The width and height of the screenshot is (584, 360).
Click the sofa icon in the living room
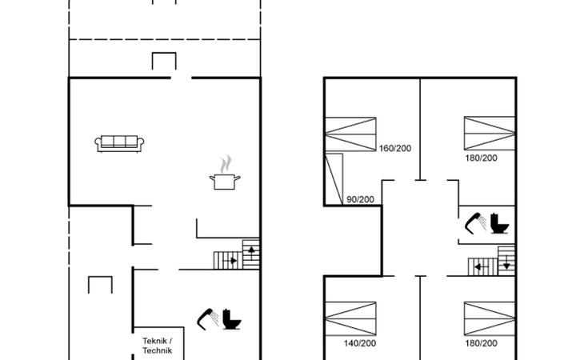click(119, 144)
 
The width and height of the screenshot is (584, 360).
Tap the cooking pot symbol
click(225, 182)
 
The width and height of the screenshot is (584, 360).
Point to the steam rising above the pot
click(225, 165)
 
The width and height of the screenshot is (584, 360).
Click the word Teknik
click(154, 341)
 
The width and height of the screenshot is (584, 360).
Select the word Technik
click(157, 350)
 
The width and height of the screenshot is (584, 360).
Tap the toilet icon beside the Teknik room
click(232, 319)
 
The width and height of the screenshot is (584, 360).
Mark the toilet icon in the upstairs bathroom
click(499, 223)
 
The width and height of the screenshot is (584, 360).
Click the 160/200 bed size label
click(395, 148)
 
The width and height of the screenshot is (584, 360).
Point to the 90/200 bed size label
click(360, 199)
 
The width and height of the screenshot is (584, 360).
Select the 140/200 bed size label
click(360, 343)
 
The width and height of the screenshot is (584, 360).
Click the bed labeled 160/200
click(350, 134)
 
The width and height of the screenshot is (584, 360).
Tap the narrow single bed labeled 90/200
click(334, 178)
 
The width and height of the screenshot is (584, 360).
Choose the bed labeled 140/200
click(350, 318)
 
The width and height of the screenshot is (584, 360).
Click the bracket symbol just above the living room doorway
click(164, 54)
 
